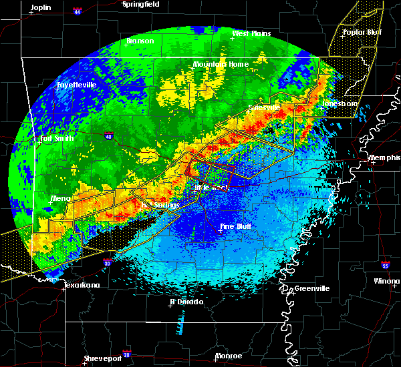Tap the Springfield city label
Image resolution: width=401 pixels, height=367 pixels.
point(141,4)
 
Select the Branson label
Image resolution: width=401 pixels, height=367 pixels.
point(140,41)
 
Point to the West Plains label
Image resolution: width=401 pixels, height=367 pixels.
point(249,33)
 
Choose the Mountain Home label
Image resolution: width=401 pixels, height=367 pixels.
point(221,64)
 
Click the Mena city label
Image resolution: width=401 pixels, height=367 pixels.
point(61,198)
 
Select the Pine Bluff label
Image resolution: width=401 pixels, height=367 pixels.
point(239,227)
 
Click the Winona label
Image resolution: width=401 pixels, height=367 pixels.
point(387,281)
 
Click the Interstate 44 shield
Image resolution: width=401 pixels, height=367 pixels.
point(79,11)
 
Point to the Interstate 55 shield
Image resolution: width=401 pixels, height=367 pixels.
point(386,265)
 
